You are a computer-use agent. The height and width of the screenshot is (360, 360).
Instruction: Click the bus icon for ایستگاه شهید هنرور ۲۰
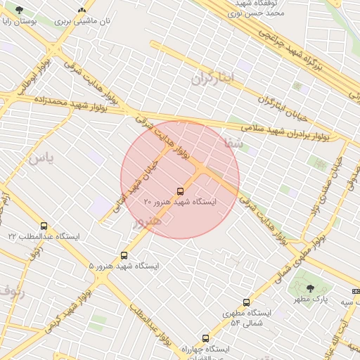tap(181, 191)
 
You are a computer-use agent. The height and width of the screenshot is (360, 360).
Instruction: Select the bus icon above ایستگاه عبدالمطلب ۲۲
tap(44, 226)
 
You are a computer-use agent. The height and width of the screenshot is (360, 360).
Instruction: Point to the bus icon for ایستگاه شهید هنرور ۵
tap(124, 255)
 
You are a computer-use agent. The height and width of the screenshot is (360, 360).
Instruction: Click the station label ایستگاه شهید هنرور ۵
tap(124, 266)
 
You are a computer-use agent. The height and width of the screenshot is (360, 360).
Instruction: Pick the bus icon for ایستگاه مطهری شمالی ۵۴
tap(246, 302)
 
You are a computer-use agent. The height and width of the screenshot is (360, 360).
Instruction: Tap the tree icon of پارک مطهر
tap(310, 288)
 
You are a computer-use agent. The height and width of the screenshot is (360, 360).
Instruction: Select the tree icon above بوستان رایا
tap(18, 10)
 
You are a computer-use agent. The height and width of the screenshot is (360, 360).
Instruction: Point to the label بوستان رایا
tap(18, 22)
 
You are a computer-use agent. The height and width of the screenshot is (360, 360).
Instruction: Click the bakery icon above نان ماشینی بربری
tap(82, 10)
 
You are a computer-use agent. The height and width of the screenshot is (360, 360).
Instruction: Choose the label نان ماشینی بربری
tap(83, 22)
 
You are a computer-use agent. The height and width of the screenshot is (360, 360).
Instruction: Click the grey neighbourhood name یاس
tap(40, 157)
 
